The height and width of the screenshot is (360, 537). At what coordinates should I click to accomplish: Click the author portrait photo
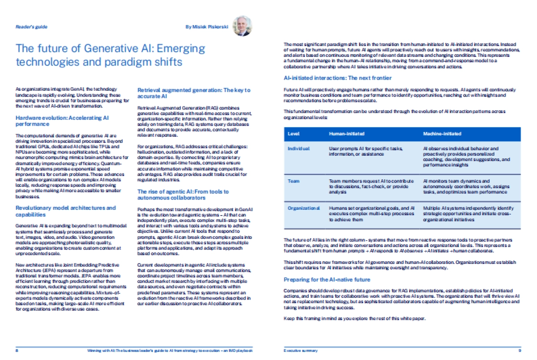pyautogui.click(x=243, y=26)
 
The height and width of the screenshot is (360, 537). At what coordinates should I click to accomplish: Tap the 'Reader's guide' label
pyautogui.click(x=31, y=27)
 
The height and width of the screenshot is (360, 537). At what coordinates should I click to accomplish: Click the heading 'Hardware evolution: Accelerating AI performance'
pyautogui.click(x=62, y=121)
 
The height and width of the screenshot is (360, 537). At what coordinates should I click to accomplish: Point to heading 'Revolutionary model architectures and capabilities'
pyautogui.click(x=66, y=211)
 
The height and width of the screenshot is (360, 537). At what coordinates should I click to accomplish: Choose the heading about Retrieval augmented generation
pyautogui.click(x=193, y=93)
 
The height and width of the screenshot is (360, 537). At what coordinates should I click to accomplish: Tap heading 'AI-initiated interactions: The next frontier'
pyautogui.click(x=334, y=78)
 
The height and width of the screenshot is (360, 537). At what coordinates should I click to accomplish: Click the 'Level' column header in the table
pyautogui.click(x=294, y=134)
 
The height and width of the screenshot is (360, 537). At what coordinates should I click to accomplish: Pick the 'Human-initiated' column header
pyautogui.click(x=346, y=134)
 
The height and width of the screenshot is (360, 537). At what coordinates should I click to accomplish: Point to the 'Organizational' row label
pyautogui.click(x=303, y=208)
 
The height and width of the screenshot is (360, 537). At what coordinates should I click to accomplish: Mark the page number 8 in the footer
pyautogui.click(x=17, y=351)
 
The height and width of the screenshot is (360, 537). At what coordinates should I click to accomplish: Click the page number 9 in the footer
pyautogui.click(x=520, y=351)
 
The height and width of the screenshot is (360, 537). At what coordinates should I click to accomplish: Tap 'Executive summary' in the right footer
pyautogui.click(x=301, y=351)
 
